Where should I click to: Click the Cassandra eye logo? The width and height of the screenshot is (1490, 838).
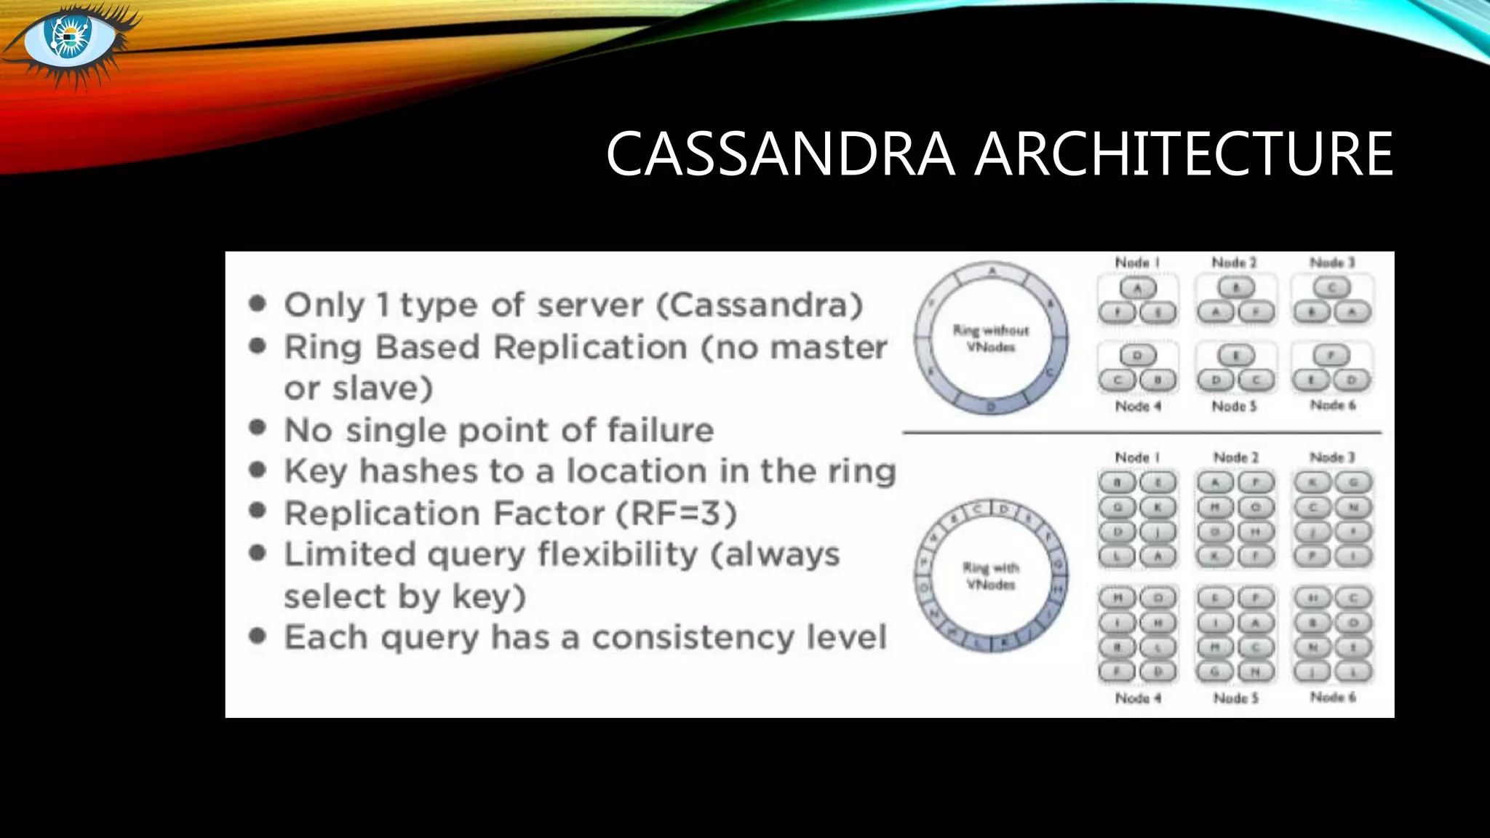point(70,40)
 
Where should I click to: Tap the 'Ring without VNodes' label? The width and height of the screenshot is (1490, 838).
point(991,338)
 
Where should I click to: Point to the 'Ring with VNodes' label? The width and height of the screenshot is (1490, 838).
point(991,575)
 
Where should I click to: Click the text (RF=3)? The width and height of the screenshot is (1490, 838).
point(677,514)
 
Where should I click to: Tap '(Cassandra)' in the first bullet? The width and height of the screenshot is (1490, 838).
point(760,305)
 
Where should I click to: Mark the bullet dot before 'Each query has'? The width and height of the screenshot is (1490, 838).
point(257,637)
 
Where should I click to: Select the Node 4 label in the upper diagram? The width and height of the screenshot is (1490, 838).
point(1138,406)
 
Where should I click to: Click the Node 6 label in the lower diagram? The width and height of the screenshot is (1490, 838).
point(1333,697)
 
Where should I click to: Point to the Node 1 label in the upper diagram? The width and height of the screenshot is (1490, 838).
point(1137,262)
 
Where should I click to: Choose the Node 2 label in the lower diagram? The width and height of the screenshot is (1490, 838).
point(1235,457)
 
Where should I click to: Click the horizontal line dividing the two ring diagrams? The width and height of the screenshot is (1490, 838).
point(1142,433)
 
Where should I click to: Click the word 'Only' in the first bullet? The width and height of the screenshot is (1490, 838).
point(324,305)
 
